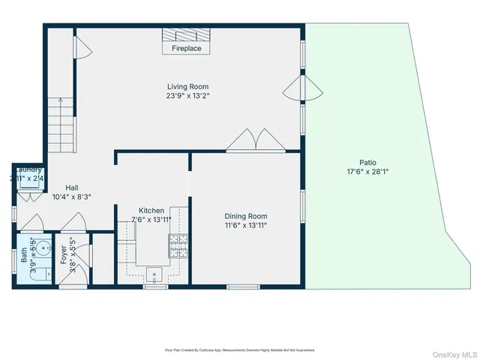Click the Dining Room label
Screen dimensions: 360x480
pyautogui.click(x=246, y=215)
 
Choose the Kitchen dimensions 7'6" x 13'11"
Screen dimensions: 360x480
pyautogui.click(x=151, y=220)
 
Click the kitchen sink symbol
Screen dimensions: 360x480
pyautogui.click(x=155, y=275)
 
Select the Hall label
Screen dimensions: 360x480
pyautogui.click(x=72, y=188)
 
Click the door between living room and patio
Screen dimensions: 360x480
pyautogui.click(x=300, y=91)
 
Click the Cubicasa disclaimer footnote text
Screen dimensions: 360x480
pyautogui.click(x=239, y=350)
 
